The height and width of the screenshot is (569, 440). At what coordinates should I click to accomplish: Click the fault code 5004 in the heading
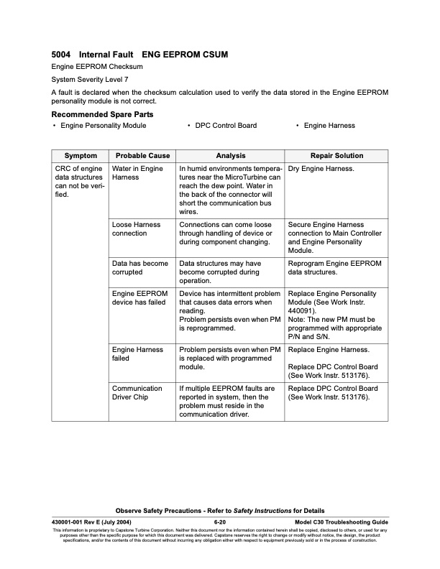coord(61,54)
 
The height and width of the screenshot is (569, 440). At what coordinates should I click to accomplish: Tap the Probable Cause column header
coord(143,156)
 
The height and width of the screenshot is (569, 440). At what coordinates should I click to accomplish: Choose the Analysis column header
coord(230,156)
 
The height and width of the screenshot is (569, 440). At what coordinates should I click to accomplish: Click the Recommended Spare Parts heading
coord(102,114)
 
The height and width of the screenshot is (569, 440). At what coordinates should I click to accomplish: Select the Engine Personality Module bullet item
coord(104,126)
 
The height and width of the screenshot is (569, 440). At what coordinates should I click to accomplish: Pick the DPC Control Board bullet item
coord(226,126)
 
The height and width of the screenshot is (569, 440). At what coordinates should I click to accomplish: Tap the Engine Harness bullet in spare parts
coord(329,126)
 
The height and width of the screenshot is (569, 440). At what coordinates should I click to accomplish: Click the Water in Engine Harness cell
coord(138,172)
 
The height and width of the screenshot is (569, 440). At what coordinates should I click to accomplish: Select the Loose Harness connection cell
coord(137,229)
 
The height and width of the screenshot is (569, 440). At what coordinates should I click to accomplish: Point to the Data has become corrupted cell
coord(140,268)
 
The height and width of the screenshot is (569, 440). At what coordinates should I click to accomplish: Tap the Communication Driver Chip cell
coord(137,393)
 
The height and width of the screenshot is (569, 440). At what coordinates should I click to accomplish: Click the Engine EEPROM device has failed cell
coord(140,299)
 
